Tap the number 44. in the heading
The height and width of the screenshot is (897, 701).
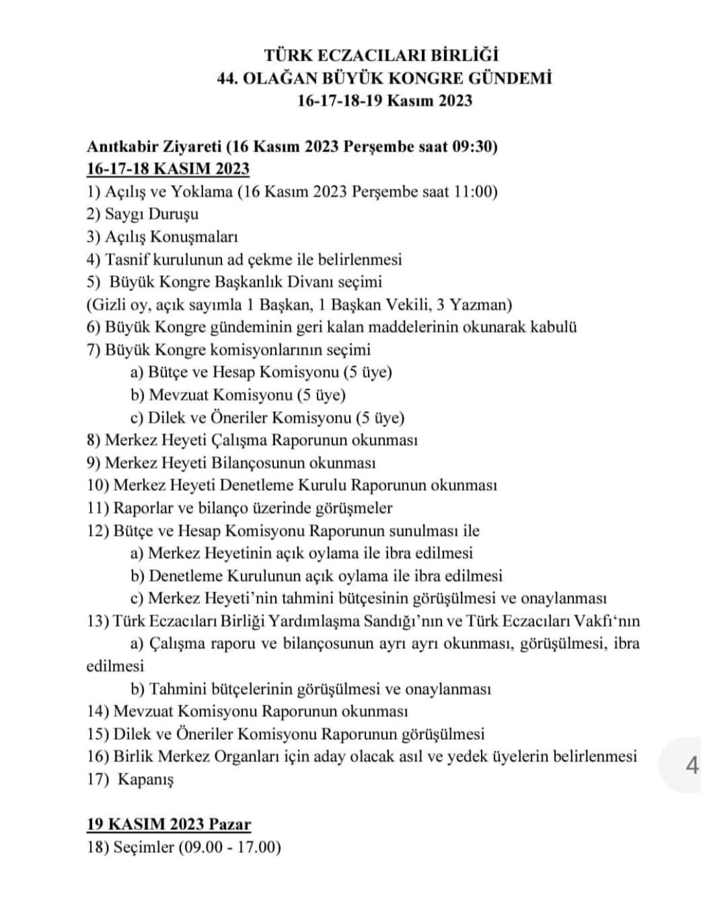[230, 79]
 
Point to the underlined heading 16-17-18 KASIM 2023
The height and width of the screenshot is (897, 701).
[168, 169]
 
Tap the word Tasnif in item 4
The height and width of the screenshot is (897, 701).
[127, 260]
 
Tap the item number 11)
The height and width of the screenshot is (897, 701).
[98, 508]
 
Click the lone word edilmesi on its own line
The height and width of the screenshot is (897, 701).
[115, 666]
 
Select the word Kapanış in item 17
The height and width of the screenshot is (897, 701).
[145, 779]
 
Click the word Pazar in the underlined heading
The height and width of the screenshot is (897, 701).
[229, 825]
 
